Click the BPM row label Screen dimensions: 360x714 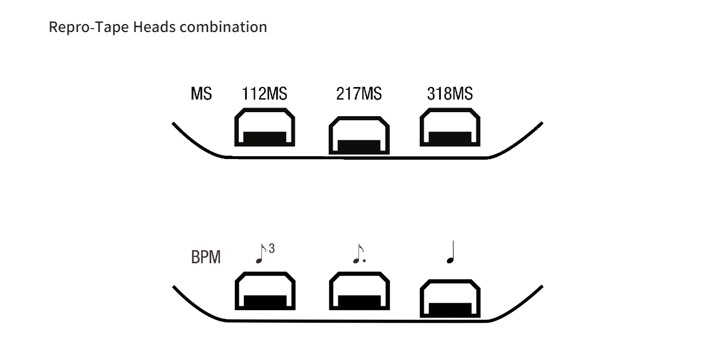click(x=205, y=259)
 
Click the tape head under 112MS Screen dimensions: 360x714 click(x=265, y=130)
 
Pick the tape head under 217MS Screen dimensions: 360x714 click(x=358, y=137)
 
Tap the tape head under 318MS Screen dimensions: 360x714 click(x=450, y=130)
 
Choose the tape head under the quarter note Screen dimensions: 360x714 click(x=450, y=300)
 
